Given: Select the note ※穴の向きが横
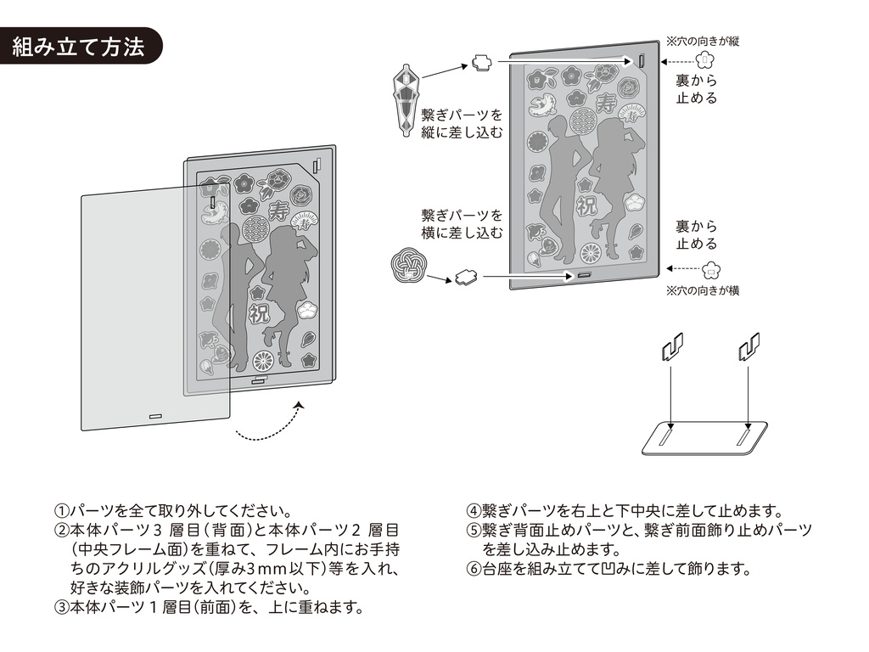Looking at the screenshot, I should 703,290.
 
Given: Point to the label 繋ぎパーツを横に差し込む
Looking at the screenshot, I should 463,223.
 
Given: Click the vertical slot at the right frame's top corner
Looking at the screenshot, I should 642,62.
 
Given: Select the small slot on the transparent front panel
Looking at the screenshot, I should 155,417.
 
